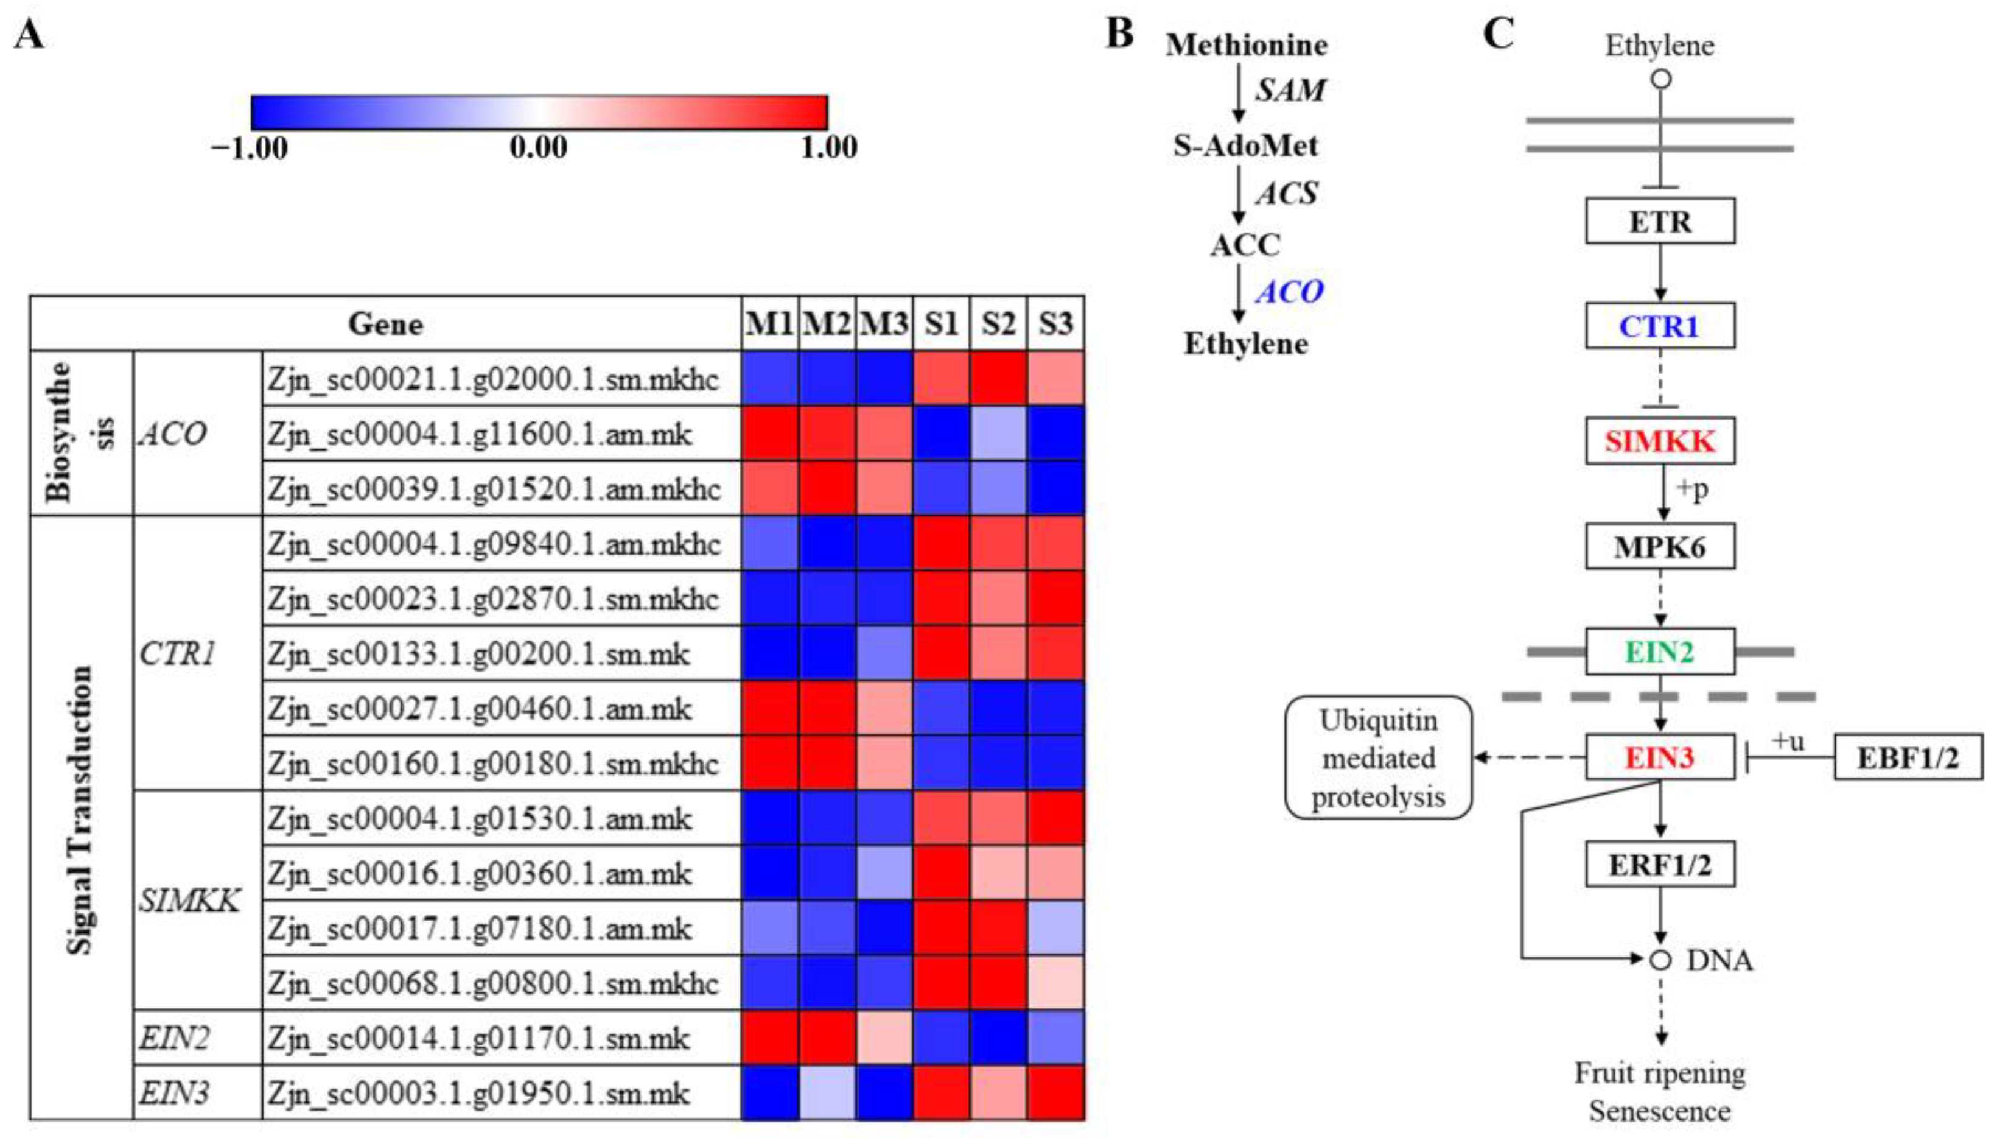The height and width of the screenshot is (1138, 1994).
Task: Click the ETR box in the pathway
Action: pos(1660,221)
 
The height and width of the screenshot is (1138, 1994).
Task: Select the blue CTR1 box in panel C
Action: pos(1660,325)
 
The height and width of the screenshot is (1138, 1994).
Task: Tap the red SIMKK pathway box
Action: pos(1660,441)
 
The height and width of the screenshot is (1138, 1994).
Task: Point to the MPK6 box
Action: pos(1660,546)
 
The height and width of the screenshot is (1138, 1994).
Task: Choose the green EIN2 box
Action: pos(1660,651)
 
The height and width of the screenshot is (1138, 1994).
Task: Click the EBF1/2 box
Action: pos(1908,757)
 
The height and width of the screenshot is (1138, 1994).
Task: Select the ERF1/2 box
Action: pos(1660,865)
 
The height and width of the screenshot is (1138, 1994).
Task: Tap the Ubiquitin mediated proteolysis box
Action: pos(1378,757)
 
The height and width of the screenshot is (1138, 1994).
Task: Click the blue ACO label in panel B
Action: pos(1289,292)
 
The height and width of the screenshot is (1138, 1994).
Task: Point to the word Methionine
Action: pos(1247,44)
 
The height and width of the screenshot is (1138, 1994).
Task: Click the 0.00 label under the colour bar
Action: pos(538,147)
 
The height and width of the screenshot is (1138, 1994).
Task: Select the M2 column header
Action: pos(827,323)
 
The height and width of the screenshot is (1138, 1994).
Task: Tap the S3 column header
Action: pos(1055,323)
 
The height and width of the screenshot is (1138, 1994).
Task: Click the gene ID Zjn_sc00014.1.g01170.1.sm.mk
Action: pos(479,1038)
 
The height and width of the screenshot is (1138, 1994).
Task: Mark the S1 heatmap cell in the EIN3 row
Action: pos(942,1093)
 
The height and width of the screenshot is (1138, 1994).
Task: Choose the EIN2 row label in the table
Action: pos(173,1038)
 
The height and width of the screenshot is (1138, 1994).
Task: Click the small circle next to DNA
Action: pos(1661,960)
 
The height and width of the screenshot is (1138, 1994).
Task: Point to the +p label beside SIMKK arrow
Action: pos(1692,488)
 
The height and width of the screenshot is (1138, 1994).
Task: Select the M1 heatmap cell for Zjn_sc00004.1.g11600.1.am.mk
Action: pos(769,433)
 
